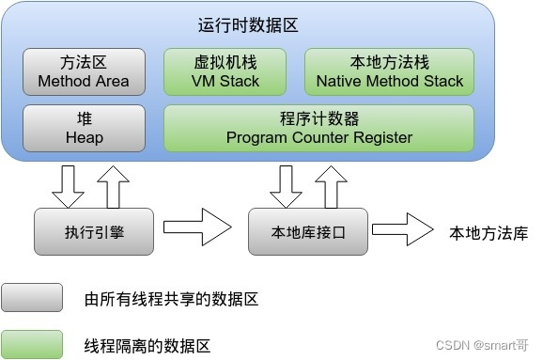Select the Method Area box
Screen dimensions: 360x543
point(84,72)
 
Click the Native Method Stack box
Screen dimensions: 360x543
point(390,72)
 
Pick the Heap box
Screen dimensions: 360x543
point(84,129)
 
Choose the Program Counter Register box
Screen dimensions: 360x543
point(319,129)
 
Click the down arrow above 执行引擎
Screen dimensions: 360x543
point(68,187)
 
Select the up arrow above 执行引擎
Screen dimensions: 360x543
point(110,187)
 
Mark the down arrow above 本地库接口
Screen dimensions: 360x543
point(284,187)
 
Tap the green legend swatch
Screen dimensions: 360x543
point(33,343)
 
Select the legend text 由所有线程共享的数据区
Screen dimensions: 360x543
point(171,300)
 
